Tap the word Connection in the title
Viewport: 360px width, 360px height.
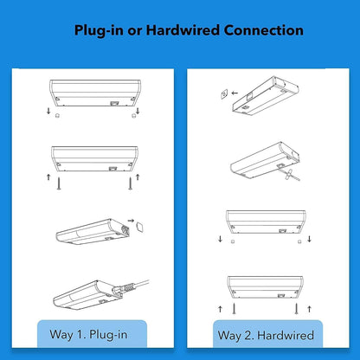pyautogui.click(x=263, y=30)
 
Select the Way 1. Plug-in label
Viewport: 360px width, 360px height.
pyautogui.click(x=88, y=335)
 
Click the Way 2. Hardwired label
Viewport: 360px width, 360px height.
pyautogui.click(x=266, y=335)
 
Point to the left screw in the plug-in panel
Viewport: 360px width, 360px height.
pyautogui.click(x=59, y=183)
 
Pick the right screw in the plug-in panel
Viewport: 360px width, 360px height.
pyautogui.click(x=131, y=183)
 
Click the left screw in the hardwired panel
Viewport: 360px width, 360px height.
pyautogui.click(x=234, y=309)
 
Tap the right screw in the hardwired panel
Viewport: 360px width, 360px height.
pyautogui.click(x=296, y=309)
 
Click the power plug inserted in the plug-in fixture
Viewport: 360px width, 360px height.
pyautogui.click(x=124, y=288)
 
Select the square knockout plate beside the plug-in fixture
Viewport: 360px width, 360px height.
pyautogui.click(x=140, y=227)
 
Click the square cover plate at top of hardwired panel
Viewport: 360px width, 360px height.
pyautogui.click(x=224, y=94)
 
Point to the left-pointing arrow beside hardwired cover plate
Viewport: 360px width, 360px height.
pyautogui.click(x=235, y=93)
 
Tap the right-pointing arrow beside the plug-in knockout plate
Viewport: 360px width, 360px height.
pyautogui.click(x=131, y=221)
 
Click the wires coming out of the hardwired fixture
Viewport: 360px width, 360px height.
pyautogui.click(x=291, y=175)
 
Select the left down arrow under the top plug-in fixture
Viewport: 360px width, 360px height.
pyautogui.click(x=48, y=111)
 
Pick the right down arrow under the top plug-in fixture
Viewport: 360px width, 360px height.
pyautogui.click(x=138, y=111)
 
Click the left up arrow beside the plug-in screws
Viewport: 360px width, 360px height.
pyautogui.click(x=48, y=177)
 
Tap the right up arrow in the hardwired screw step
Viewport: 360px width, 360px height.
pyautogui.click(x=309, y=309)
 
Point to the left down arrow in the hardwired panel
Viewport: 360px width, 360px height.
pyautogui.click(x=221, y=239)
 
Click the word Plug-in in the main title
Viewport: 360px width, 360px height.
pyautogui.click(x=99, y=30)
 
